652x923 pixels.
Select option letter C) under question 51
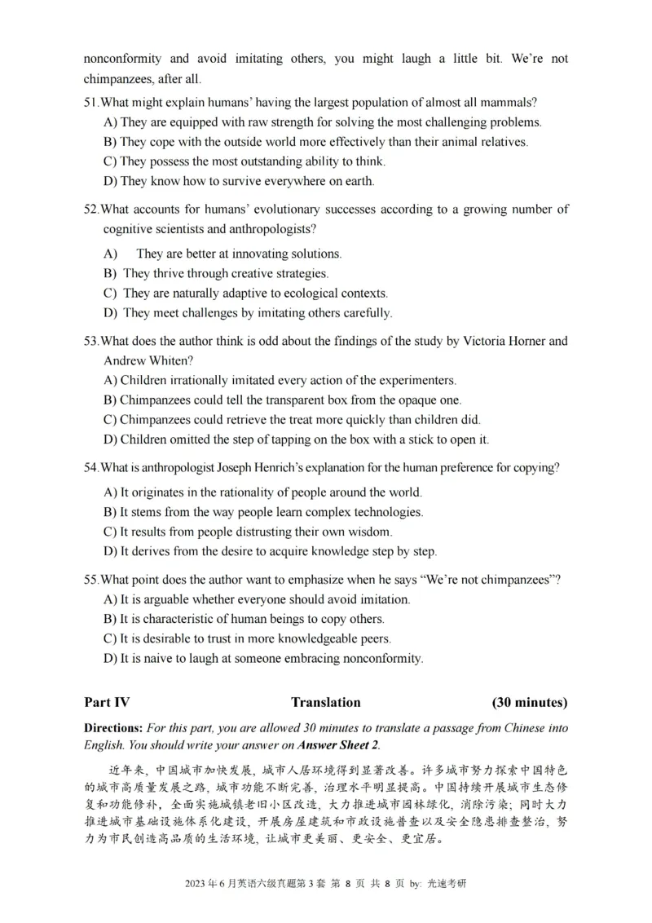111,161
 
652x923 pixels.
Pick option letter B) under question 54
111,512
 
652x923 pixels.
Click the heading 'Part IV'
107,702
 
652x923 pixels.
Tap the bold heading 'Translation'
325,702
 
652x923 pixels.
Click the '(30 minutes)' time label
530,702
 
